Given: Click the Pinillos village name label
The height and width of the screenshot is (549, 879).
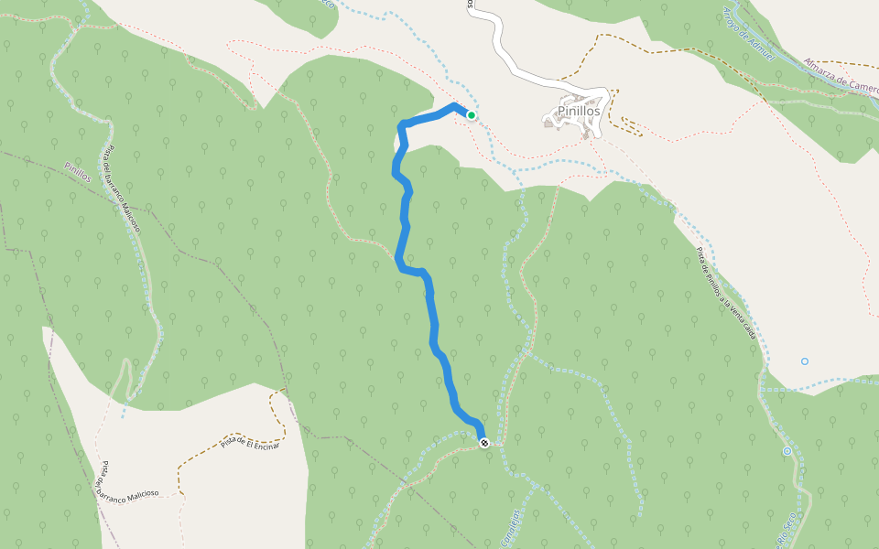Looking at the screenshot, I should click(579, 111).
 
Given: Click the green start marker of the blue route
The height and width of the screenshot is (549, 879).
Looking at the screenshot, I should click(471, 115).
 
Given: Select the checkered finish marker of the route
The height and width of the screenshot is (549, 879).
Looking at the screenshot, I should click(483, 443).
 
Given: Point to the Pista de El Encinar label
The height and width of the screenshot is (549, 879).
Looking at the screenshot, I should click(249, 443).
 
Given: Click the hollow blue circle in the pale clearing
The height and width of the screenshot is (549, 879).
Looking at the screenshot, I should click(805, 361).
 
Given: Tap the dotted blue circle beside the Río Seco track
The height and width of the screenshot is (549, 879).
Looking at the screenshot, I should click(787, 451).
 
